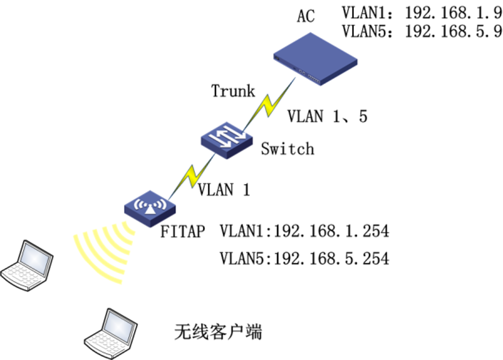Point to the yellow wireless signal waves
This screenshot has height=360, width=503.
(101, 251)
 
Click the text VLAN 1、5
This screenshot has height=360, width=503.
(327, 116)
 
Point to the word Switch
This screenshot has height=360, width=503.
(287, 149)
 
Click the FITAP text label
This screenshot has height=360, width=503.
(182, 231)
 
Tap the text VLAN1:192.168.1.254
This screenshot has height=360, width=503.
(304, 230)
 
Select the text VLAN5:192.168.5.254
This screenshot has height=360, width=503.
(304, 258)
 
